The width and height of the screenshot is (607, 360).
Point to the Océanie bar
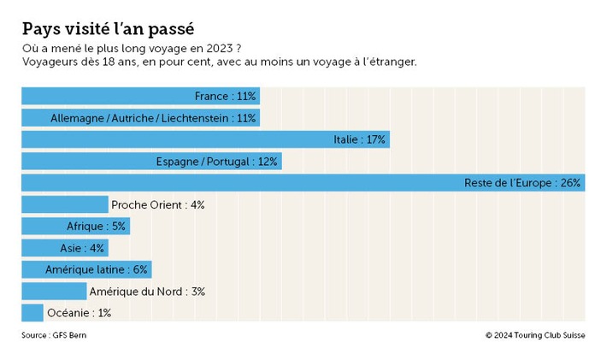[32, 313]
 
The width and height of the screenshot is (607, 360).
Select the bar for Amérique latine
[85, 269]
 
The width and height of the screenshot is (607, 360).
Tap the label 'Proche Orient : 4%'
[157, 205]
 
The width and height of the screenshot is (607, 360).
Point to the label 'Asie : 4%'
[83, 248]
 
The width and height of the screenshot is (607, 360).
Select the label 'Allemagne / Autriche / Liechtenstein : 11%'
[153, 118]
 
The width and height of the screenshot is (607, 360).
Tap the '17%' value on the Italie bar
[376, 139]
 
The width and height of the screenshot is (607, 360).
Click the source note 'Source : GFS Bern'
[54, 335]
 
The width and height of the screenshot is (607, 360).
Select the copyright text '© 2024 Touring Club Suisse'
[534, 335]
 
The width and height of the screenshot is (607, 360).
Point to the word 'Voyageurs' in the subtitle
[50, 63]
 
